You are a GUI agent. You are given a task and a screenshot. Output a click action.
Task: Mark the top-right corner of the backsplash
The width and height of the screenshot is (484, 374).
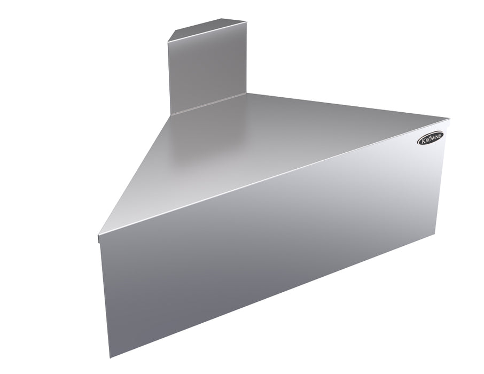(246, 22)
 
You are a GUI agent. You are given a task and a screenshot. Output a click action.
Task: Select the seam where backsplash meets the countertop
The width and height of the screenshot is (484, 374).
(208, 104)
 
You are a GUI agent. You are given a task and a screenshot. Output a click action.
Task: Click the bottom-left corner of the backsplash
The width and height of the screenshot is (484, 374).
(170, 114)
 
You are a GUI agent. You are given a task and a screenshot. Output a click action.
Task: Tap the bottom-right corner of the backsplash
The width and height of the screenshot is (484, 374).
(246, 95)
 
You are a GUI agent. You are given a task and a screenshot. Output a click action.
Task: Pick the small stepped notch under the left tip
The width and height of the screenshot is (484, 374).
(100, 240)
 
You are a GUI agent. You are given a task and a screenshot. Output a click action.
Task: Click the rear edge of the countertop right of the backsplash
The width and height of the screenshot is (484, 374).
(347, 106)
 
